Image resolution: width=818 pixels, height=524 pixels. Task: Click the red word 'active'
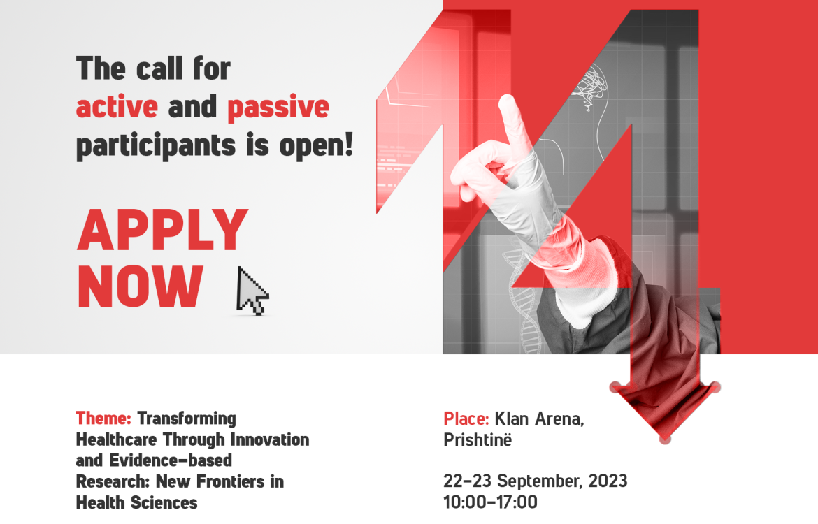click(x=117, y=107)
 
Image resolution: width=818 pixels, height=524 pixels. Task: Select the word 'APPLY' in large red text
click(x=163, y=230)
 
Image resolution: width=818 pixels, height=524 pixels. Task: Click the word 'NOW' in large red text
click(x=141, y=286)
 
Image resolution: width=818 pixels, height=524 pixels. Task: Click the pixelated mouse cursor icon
click(x=251, y=291)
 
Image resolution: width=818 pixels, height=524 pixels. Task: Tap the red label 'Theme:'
click(x=103, y=419)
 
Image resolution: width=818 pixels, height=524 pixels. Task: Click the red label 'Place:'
click(x=466, y=419)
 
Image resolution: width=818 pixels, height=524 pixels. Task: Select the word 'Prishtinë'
click(x=478, y=439)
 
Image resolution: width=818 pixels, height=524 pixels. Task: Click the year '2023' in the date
click(x=608, y=481)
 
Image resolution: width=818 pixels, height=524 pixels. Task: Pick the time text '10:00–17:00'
click(x=490, y=502)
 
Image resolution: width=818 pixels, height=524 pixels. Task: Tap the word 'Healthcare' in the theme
click(x=116, y=439)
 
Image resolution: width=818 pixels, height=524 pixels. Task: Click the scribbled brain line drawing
click(x=589, y=86)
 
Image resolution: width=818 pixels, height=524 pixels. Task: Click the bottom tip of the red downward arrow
click(x=665, y=441)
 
